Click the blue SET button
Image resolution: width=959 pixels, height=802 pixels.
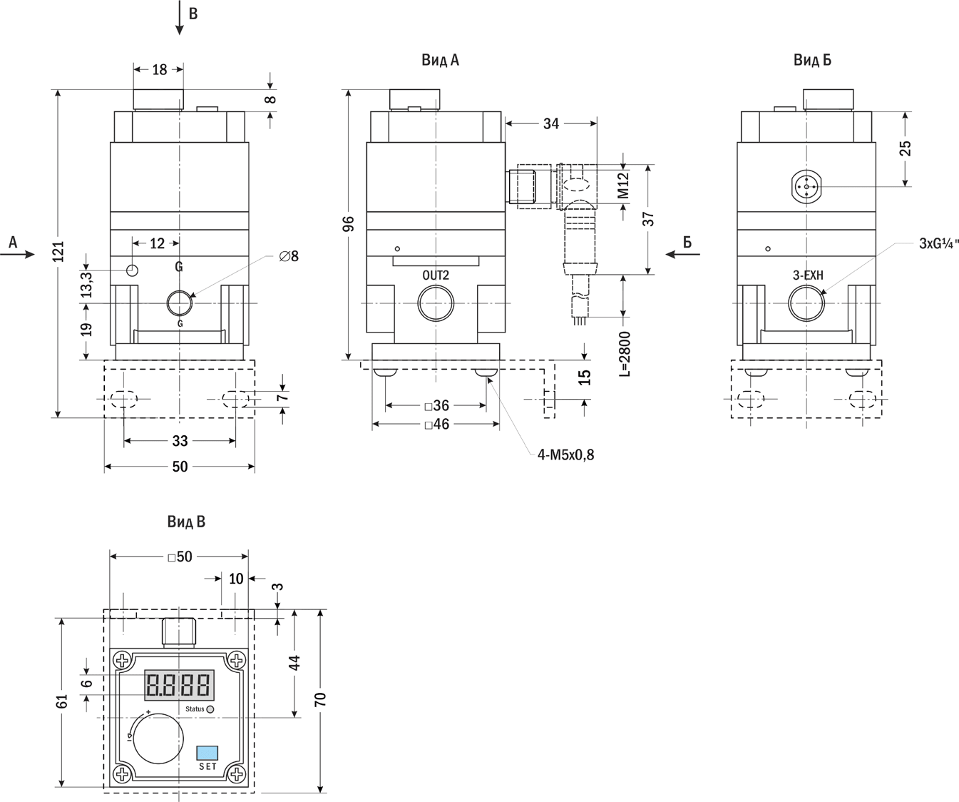click(x=207, y=753)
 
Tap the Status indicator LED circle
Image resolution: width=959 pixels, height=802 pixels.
click(x=210, y=709)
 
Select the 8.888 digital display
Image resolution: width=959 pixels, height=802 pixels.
click(x=178, y=685)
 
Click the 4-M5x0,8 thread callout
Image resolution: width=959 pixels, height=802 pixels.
click(x=565, y=454)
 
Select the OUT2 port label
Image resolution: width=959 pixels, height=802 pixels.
click(x=436, y=275)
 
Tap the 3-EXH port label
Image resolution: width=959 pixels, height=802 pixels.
click(x=808, y=275)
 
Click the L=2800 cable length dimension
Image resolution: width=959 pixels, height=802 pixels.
click(x=625, y=354)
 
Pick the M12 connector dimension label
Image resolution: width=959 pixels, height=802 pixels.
click(x=623, y=185)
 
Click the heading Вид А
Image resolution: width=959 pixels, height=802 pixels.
click(x=440, y=60)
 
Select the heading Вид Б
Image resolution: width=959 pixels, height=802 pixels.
click(x=812, y=60)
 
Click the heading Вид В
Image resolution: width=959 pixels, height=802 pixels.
click(x=186, y=522)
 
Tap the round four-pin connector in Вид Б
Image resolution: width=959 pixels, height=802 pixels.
click(x=806, y=187)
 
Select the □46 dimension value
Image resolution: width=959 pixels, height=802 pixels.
click(x=436, y=425)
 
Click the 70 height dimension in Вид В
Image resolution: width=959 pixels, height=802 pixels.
click(x=321, y=699)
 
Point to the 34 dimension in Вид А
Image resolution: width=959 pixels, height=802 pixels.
click(x=551, y=123)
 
